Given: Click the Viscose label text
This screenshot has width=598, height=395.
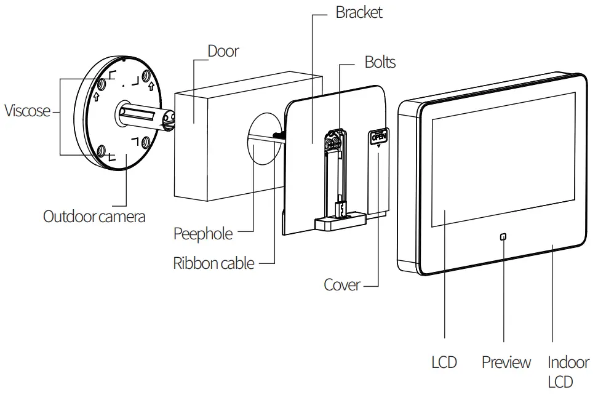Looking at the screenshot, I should click(28, 111).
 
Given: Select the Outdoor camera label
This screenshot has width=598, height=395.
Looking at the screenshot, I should click(94, 217).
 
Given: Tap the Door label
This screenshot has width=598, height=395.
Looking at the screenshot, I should click(223, 51).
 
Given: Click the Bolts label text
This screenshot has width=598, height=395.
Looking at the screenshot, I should click(380, 62).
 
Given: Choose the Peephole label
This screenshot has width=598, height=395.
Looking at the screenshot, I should click(203, 234).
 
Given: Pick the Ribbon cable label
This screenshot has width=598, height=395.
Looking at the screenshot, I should click(213, 263).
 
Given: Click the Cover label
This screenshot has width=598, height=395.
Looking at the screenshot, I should click(341, 285).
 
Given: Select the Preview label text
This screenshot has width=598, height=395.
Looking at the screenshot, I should click(506, 362).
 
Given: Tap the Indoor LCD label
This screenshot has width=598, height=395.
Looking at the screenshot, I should click(568, 371).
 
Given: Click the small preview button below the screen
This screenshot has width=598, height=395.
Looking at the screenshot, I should click(503, 237).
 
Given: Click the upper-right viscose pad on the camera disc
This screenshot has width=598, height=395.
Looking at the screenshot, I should click(146, 77).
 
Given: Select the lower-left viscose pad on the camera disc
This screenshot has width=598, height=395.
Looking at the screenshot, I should click(100, 149).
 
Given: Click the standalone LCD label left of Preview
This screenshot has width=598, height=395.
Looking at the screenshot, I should click(444, 362).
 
